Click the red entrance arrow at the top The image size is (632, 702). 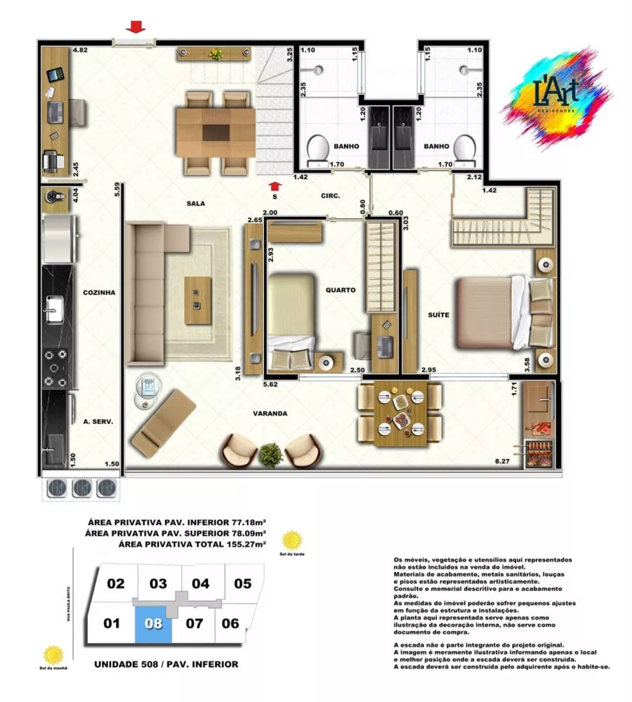pos(136,27)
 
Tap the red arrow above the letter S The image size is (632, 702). pos(275,186)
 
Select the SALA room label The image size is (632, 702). pos(195,204)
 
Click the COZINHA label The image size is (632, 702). pos(98,292)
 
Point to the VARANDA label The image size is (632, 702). pos(270,413)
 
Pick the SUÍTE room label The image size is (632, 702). pos(437,315)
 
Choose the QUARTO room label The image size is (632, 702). pos(341,289)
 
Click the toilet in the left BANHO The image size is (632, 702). pos(318,150)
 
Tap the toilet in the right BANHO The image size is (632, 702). pos(463,150)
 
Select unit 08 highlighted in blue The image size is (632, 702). pos(154,623)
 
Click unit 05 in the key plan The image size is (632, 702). pos(242,583)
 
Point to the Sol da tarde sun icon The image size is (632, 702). pos(291,541)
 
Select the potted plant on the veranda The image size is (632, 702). pos(270,456)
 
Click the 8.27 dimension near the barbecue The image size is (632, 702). pos(502,461)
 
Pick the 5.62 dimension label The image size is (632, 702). pos(270,384)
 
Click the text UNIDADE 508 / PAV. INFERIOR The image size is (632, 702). pos(166,664)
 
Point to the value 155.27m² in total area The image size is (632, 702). pos(247,544)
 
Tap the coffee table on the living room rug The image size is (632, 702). pos(197,300)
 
